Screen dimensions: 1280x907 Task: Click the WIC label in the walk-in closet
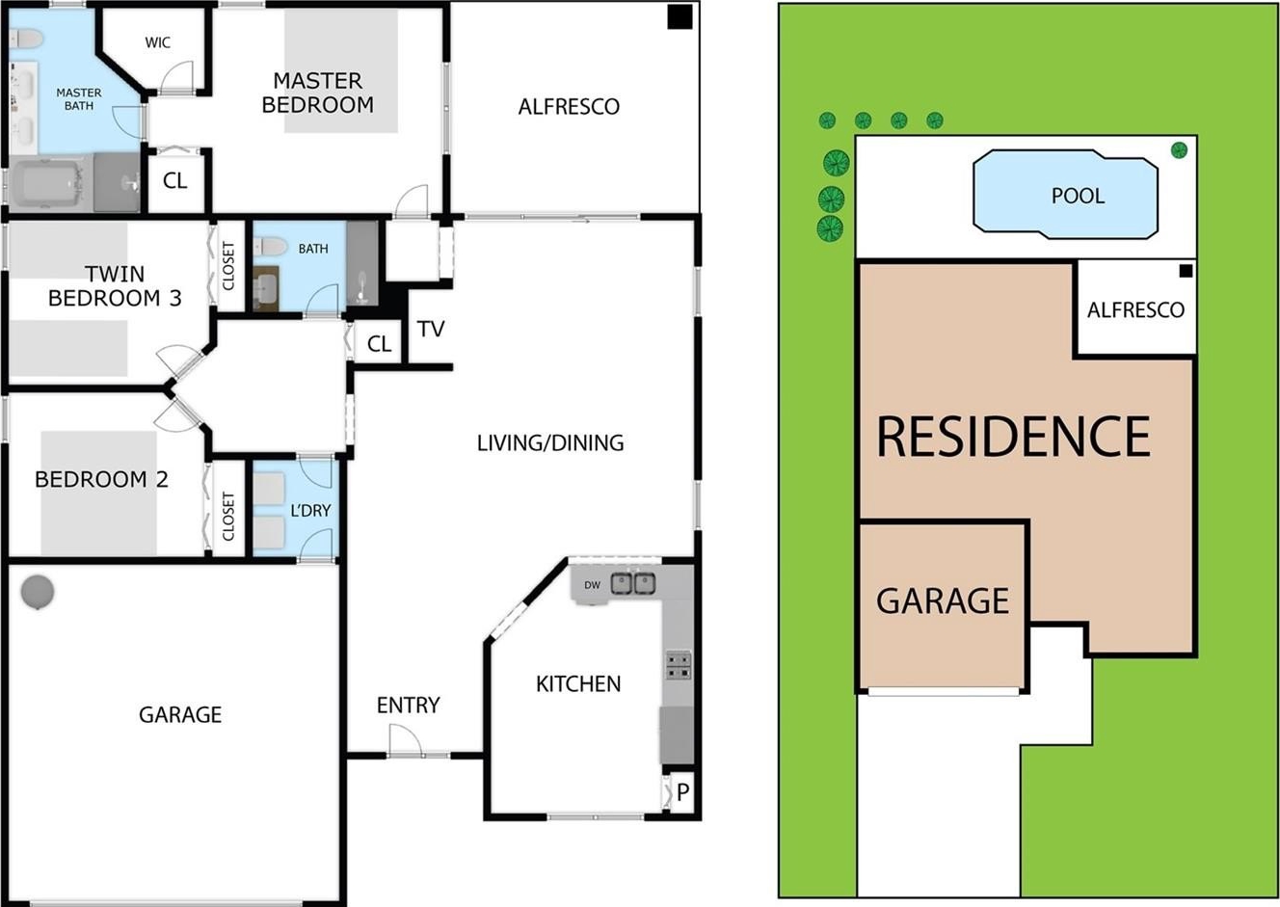(158, 42)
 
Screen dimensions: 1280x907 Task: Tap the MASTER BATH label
(79, 99)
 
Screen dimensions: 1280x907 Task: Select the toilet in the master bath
(26, 39)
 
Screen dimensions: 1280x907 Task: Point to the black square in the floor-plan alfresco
(680, 16)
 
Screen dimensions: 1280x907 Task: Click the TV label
(431, 330)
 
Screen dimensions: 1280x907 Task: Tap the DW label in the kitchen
(592, 585)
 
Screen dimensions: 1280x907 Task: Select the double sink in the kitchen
(633, 583)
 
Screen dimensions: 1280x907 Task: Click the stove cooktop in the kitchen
(679, 666)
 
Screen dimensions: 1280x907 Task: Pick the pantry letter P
(682, 792)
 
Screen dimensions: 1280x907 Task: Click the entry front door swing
(406, 740)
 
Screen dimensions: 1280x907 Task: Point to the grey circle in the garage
(38, 592)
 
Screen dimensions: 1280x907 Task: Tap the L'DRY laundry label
(310, 510)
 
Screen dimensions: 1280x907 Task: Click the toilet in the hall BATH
(270, 247)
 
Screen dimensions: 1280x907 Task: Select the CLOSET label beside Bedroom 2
(228, 516)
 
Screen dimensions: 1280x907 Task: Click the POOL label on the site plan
(1078, 196)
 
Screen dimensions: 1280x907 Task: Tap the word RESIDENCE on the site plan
(1013, 437)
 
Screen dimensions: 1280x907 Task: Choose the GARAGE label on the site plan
(943, 600)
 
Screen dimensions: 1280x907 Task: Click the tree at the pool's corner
(1179, 150)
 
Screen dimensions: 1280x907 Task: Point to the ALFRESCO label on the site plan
(1135, 309)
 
